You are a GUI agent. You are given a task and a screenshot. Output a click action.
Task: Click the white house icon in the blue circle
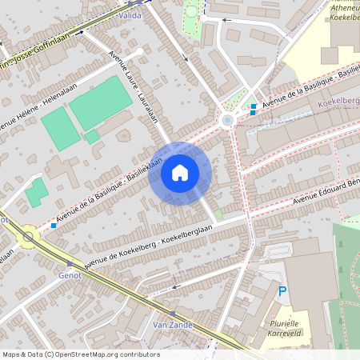point(180,173)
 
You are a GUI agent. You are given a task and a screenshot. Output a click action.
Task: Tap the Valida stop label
point(129,15)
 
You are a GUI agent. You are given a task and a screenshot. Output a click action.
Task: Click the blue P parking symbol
point(282,293)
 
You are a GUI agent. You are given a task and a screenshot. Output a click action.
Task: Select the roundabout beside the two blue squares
point(228,120)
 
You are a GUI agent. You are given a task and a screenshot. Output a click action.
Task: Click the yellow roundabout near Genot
point(29,237)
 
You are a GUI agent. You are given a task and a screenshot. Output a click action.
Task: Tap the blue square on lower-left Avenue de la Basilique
point(54,226)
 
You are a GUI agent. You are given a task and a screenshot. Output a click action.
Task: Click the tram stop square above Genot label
point(70,263)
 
